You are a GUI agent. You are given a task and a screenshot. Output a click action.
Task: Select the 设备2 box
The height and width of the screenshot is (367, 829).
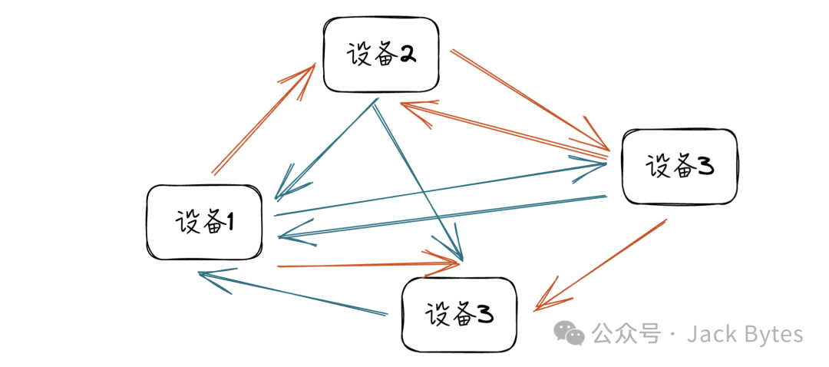click(x=381, y=55)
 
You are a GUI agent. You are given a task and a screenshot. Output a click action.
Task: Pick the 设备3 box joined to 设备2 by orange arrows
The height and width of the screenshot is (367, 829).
click(x=679, y=166)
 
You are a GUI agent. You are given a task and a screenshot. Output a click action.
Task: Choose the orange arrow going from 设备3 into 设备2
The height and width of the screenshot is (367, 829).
click(x=499, y=128)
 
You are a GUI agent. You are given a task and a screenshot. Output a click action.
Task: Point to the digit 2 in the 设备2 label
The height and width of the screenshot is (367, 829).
click(x=407, y=55)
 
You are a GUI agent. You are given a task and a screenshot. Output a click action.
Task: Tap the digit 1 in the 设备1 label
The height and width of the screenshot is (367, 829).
click(x=230, y=223)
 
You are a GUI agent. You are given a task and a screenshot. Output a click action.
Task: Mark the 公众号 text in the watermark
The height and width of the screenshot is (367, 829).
click(x=626, y=334)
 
